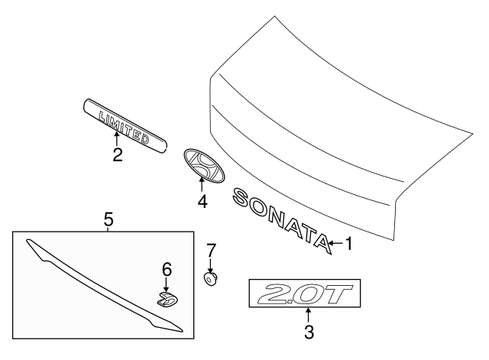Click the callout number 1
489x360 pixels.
pyautogui.click(x=348, y=244)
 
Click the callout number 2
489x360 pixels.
pyautogui.click(x=117, y=155)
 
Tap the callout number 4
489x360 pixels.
pyautogui.click(x=202, y=202)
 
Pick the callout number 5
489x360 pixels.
pyautogui.click(x=108, y=220)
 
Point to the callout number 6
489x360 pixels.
pyautogui.click(x=167, y=269)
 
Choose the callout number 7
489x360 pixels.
pyautogui.click(x=212, y=249)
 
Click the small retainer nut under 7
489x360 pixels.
pyautogui.click(x=211, y=277)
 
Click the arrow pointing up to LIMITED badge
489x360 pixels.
pyautogui.click(x=117, y=138)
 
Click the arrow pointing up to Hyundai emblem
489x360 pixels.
pyautogui.click(x=202, y=184)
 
